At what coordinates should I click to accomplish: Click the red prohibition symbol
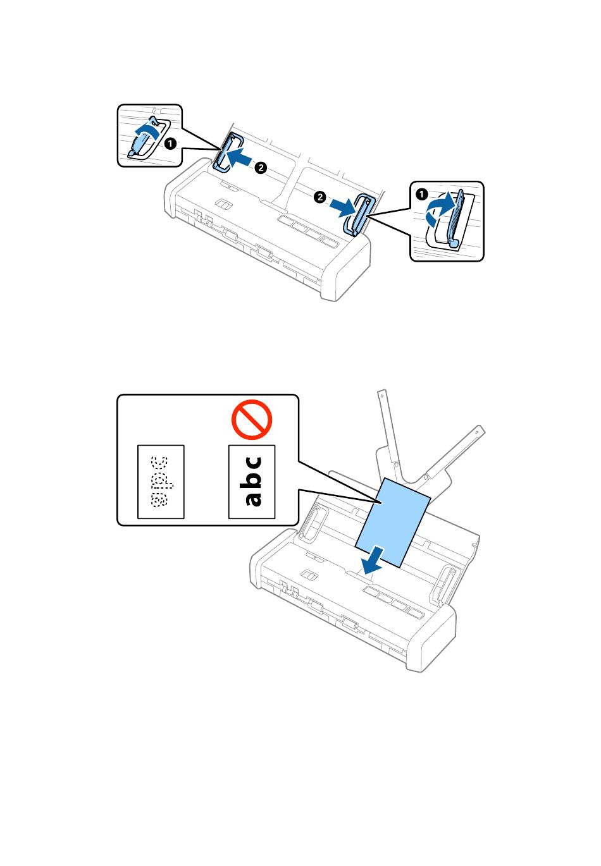tap(251, 421)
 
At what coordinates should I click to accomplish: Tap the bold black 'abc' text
tap(252, 481)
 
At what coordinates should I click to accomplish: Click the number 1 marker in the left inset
tap(170, 144)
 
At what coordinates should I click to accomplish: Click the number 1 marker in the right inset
tap(422, 195)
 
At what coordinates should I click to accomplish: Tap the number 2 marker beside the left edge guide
tap(260, 168)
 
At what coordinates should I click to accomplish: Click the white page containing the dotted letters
tap(161, 482)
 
